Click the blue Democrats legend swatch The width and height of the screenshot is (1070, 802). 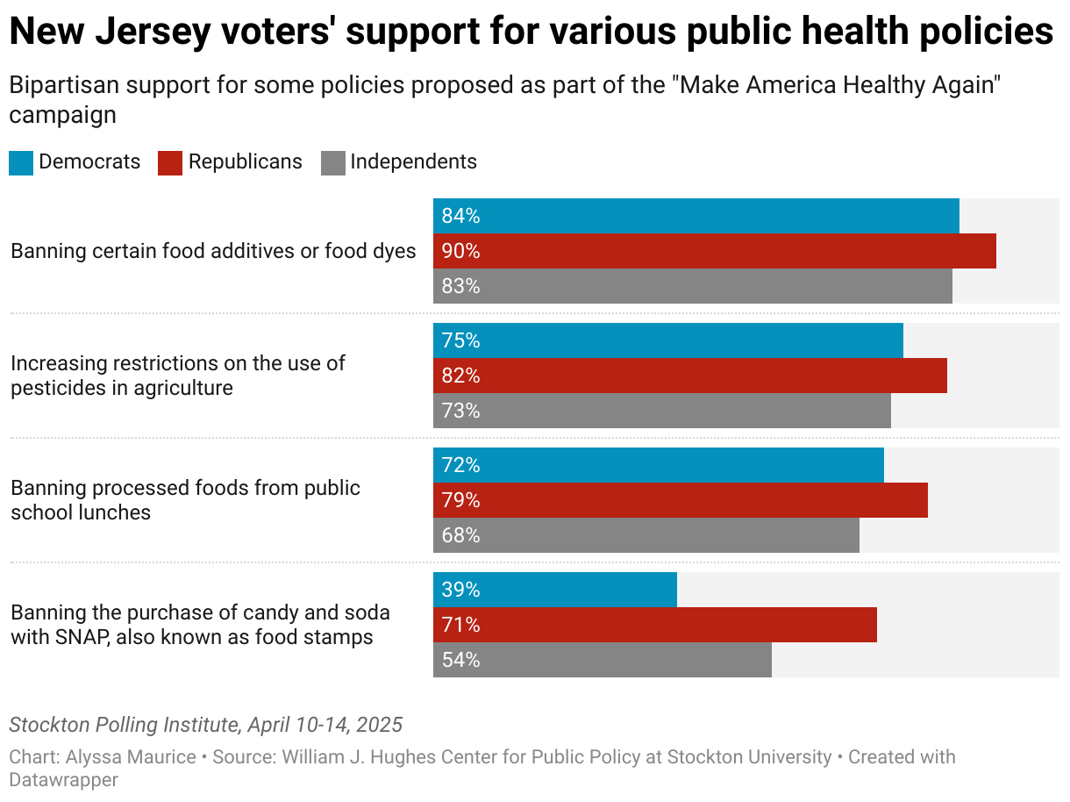[21, 163]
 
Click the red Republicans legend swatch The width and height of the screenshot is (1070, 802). [170, 163]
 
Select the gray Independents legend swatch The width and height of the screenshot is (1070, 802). [333, 163]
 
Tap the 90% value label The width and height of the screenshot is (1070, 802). [460, 252]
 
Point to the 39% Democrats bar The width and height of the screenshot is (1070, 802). [555, 590]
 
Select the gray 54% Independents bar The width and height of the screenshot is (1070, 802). [603, 660]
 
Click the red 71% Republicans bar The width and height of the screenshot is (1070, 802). [655, 625]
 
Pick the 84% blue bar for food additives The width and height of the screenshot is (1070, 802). [696, 216]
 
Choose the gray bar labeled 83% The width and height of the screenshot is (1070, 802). [693, 286]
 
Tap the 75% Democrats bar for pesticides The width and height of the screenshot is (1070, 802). [668, 340]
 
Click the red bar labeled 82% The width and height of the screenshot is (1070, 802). [690, 376]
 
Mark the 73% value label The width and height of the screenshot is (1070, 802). [460, 411]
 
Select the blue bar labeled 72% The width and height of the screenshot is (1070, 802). [659, 465]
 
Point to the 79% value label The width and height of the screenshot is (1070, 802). [460, 500]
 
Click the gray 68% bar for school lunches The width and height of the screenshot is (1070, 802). [646, 535]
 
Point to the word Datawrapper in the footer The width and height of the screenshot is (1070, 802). [63, 779]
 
